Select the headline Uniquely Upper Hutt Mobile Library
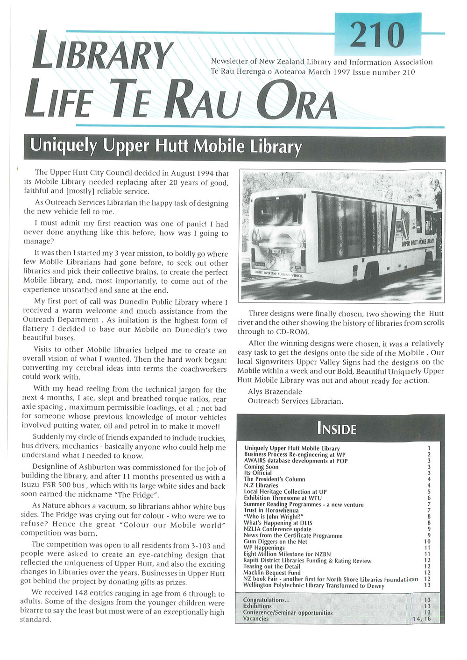pyautogui.click(x=166, y=146)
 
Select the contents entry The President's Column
pyautogui.click(x=275, y=479)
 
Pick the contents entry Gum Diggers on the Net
pyautogui.click(x=276, y=541)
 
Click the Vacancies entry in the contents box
pyautogui.click(x=256, y=618)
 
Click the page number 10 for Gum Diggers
pyautogui.click(x=427, y=541)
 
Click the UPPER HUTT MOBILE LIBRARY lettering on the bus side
pyautogui.click(x=418, y=242)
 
